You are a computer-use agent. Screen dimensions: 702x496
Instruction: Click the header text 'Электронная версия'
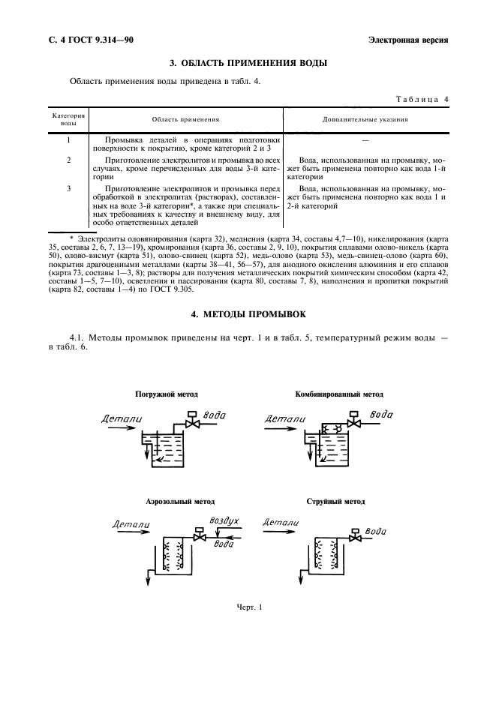pyautogui.click(x=408, y=40)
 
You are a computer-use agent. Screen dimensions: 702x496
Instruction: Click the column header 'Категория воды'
pyautogui.click(x=68, y=118)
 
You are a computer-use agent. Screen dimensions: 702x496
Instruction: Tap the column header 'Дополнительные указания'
pyautogui.click(x=365, y=119)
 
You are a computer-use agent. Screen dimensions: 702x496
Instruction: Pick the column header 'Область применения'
pyautogui.click(x=185, y=119)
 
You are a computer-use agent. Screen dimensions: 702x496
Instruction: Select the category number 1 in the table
pyautogui.click(x=68, y=140)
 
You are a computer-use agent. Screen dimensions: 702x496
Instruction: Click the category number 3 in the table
pyautogui.click(x=68, y=187)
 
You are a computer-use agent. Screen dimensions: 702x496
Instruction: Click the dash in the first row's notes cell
pyautogui.click(x=365, y=140)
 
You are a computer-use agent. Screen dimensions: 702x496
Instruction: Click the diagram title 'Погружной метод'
pyautogui.click(x=167, y=394)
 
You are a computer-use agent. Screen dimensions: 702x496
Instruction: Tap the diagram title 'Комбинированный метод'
pyautogui.click(x=339, y=394)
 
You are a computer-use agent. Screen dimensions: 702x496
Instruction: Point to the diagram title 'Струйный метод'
pyautogui.click(x=335, y=501)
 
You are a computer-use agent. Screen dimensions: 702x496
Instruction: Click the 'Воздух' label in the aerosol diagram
pyautogui.click(x=224, y=520)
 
